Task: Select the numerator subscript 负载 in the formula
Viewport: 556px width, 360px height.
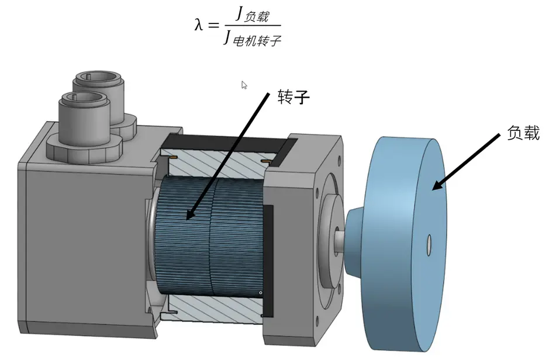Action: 255,17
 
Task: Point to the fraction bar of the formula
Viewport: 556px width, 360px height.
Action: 251,26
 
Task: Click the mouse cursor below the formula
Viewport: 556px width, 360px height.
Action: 244,85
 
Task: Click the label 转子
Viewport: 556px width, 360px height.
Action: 293,97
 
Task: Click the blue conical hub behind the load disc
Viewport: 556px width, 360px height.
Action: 357,234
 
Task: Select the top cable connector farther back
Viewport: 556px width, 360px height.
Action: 97,88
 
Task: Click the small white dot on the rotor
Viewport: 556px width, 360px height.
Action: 259,292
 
